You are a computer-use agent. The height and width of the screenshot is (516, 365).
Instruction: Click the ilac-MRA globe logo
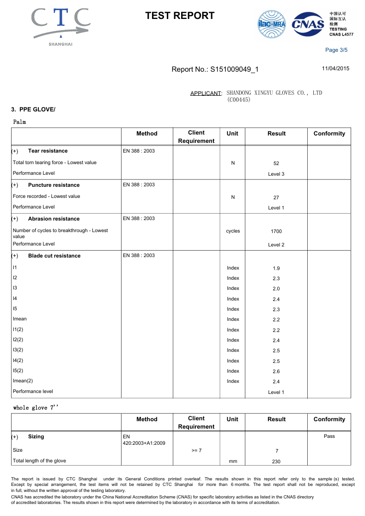272,24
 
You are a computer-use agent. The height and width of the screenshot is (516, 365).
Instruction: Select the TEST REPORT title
180,16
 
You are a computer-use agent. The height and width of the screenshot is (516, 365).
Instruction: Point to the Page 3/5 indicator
336,50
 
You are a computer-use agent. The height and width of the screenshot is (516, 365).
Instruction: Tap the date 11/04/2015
335,68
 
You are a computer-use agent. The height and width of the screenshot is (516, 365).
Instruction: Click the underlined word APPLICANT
206,93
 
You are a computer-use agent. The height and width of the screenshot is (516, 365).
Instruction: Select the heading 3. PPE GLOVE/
33,109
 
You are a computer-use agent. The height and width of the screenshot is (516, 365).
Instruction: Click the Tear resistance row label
48,151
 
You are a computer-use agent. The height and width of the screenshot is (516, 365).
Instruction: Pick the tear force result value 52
276,163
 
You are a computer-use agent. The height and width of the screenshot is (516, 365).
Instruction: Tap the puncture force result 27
276,197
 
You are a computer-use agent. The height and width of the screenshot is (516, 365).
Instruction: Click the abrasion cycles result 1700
276,231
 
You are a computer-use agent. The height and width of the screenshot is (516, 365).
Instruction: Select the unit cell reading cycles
233,231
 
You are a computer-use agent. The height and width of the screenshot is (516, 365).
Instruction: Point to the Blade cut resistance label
54,256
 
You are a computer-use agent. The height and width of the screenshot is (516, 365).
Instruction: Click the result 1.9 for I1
276,269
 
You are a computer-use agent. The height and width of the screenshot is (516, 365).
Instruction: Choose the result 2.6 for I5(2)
276,372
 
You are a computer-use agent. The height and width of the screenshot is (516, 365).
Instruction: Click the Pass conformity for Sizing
329,436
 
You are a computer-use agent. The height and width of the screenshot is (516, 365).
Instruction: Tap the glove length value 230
276,461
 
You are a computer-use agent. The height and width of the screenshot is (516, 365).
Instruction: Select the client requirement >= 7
196,450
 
